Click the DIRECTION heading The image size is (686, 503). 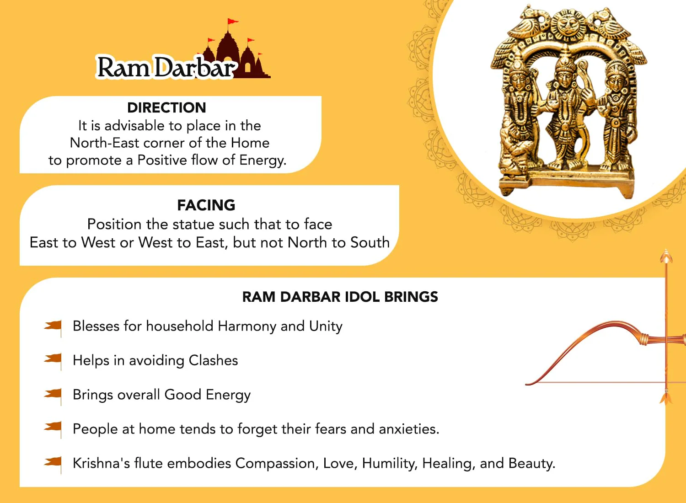166,108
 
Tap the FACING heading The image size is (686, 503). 206,205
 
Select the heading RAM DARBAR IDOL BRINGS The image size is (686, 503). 340,297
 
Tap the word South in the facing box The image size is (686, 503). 370,242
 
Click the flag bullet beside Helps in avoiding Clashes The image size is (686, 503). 53,361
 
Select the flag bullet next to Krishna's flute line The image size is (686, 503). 53,464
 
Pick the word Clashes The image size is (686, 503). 213,360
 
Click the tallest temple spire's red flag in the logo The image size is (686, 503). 232,21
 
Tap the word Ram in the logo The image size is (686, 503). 123,67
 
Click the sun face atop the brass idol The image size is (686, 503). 568,24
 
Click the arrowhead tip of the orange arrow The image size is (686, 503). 666,250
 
